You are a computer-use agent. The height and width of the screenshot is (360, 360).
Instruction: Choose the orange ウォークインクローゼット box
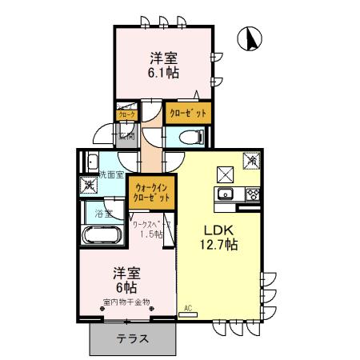coord(152,191)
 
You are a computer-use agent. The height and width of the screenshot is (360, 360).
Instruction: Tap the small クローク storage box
coord(126,114)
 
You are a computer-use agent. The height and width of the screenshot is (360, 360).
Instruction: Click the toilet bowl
coord(186,138)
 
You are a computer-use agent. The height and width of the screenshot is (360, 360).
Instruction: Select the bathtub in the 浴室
coord(102,235)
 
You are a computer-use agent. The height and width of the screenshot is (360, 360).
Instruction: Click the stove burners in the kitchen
coord(252,194)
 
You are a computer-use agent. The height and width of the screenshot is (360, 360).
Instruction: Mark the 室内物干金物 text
coord(126,302)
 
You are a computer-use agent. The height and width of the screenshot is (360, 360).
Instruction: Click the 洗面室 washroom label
coord(110,174)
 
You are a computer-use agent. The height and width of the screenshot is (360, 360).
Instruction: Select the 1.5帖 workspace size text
coord(152,234)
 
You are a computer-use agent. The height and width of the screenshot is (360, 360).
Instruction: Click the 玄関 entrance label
coord(126,136)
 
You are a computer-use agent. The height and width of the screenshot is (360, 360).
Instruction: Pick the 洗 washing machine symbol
coord(90,186)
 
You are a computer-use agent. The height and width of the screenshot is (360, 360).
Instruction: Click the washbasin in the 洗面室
coord(92,160)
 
